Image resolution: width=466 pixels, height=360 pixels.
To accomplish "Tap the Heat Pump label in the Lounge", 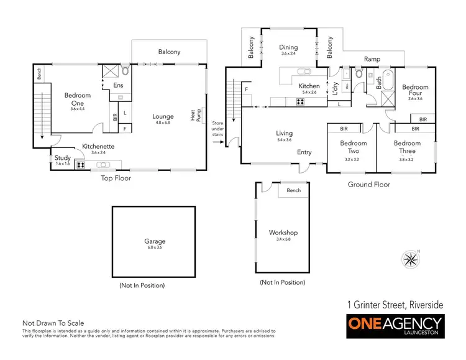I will click(x=193, y=116).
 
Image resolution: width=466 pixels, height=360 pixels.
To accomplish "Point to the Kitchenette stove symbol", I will click(x=80, y=165).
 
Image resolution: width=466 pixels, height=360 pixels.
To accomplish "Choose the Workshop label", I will click(x=283, y=233).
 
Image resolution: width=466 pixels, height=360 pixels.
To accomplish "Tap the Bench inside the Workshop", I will click(x=294, y=190).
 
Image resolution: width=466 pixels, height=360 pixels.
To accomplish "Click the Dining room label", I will click(x=288, y=47).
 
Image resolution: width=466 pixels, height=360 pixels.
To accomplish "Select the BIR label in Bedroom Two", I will click(x=344, y=129).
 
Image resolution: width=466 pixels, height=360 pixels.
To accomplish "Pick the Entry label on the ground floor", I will click(x=304, y=152).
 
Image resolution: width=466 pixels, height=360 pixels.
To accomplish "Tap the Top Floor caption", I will click(x=116, y=178).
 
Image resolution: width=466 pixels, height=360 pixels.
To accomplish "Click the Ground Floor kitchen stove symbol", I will click(x=300, y=102).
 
